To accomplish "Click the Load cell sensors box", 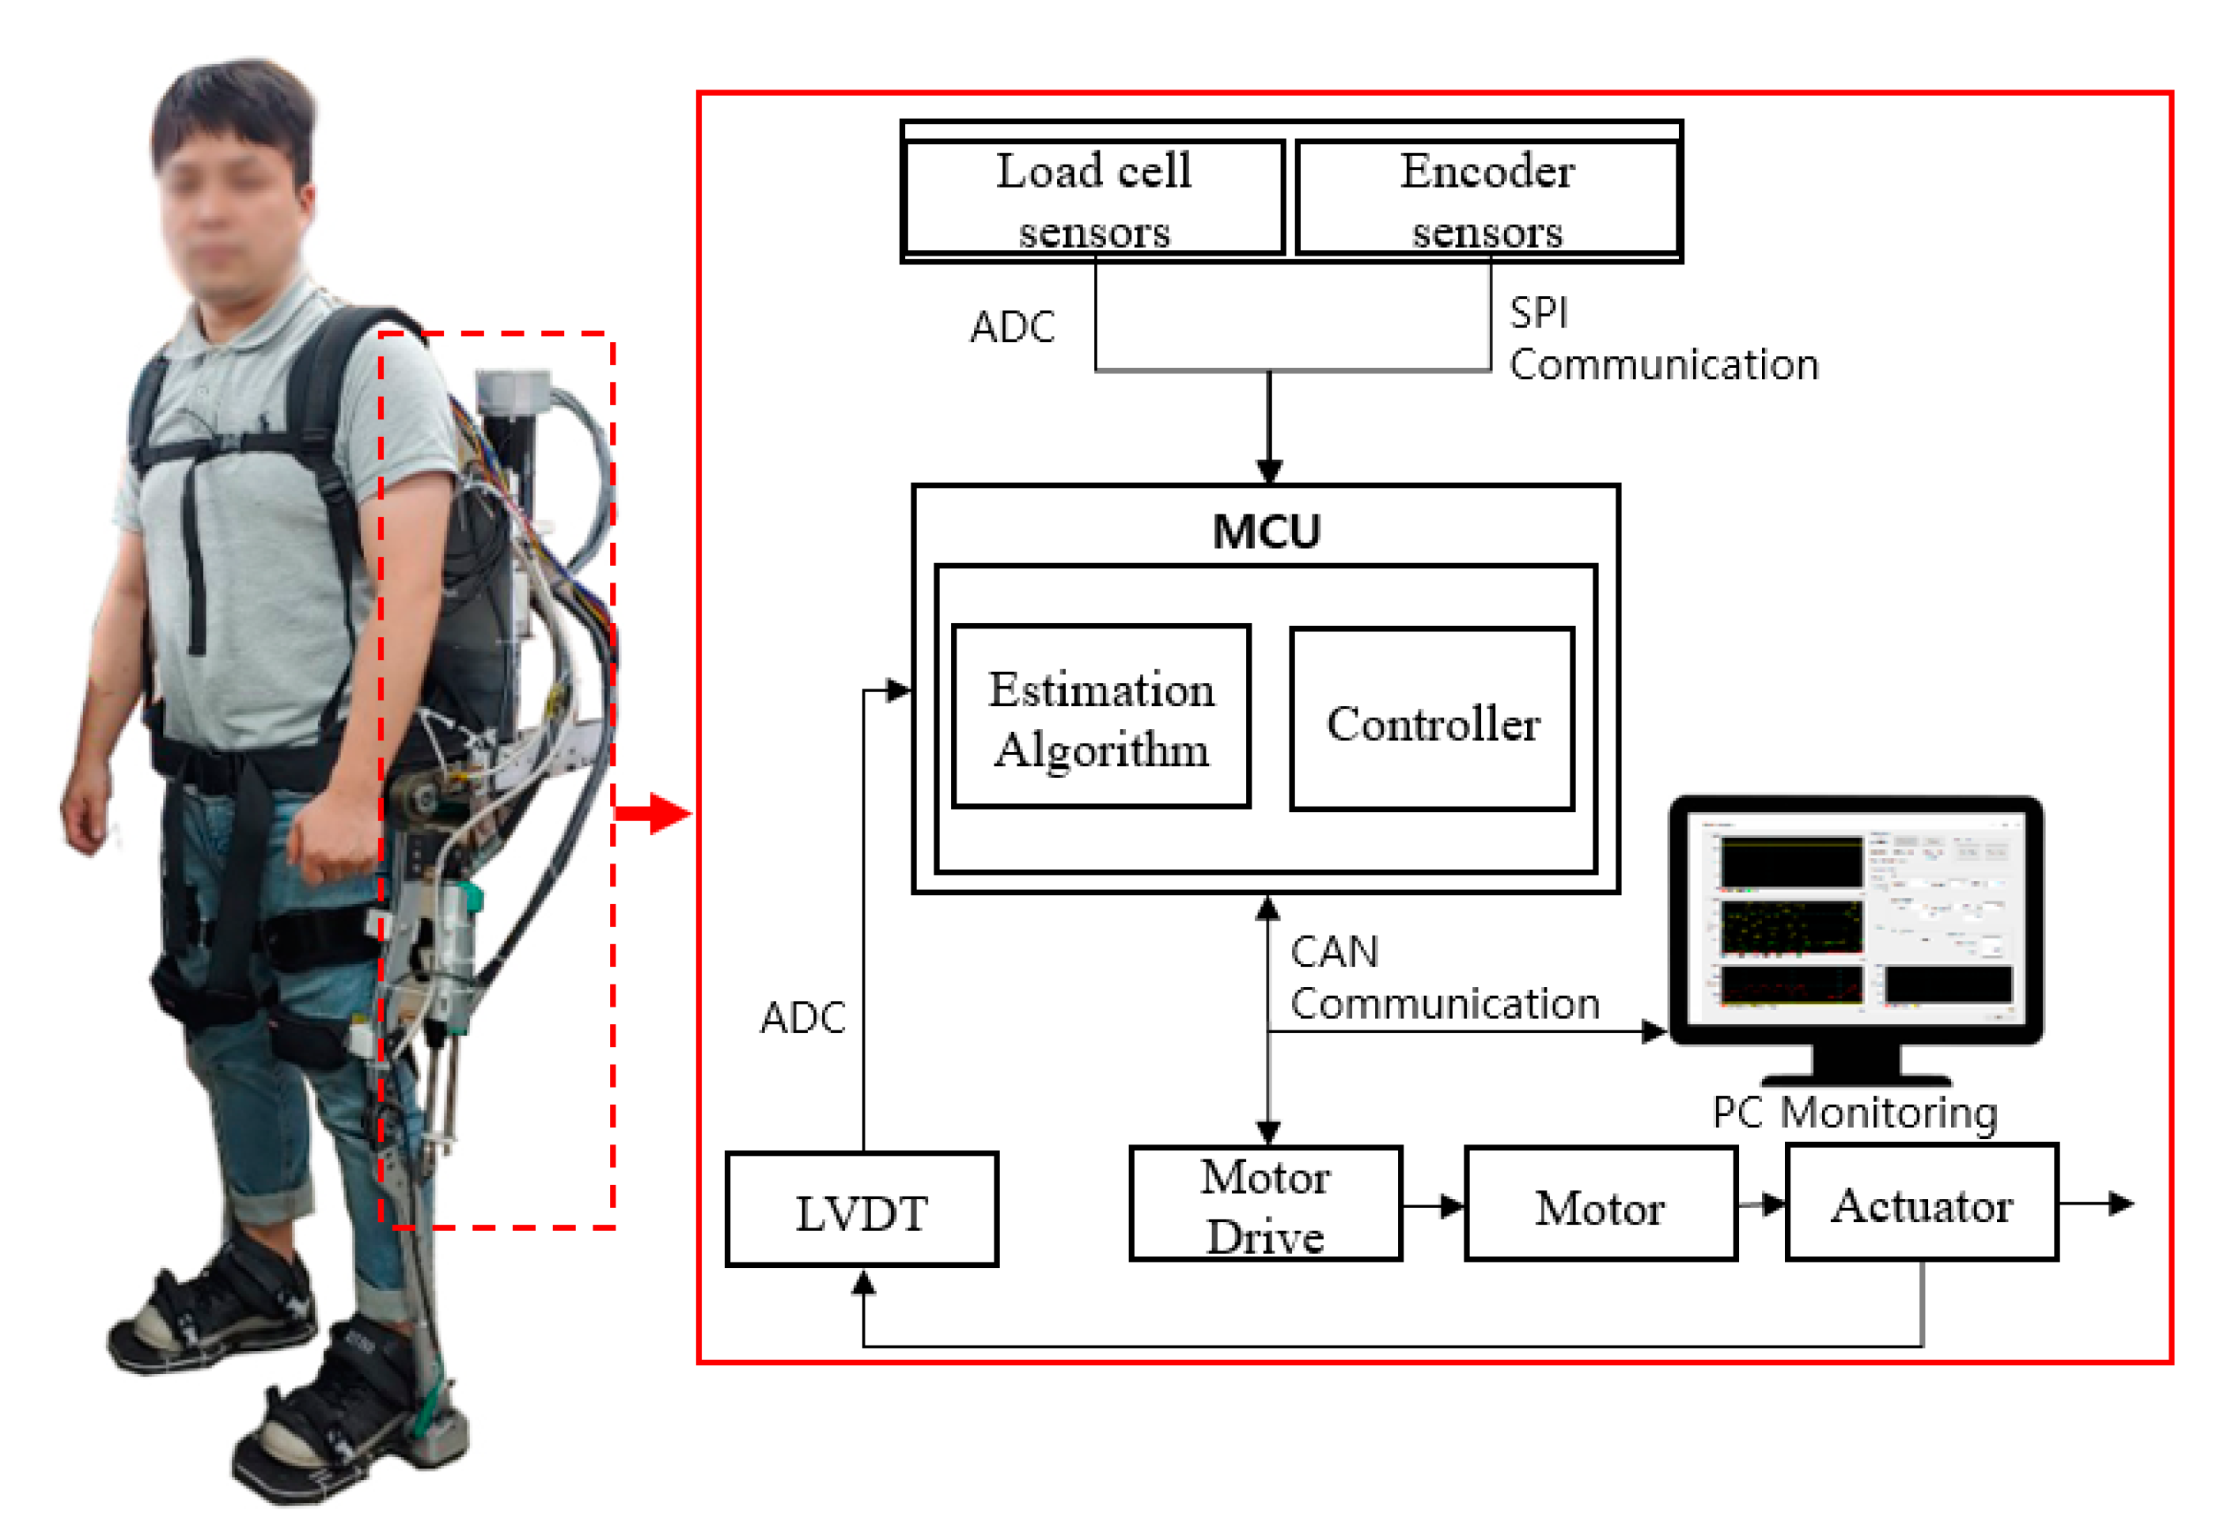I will point(1094,199).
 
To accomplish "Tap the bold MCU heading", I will point(1266,532).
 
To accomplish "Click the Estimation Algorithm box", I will point(1101,718).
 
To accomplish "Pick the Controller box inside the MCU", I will point(1432,721).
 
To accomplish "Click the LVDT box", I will point(862,1211).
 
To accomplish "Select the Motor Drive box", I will point(1265,1205).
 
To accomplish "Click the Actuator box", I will point(1921,1205).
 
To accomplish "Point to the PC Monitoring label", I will point(1854,1113).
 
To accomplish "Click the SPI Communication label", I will point(1662,340).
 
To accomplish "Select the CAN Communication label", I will point(1443,978).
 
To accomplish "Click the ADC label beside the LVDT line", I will point(801,1018).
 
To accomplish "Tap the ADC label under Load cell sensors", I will point(1012,328).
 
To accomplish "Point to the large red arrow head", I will point(671,814).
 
